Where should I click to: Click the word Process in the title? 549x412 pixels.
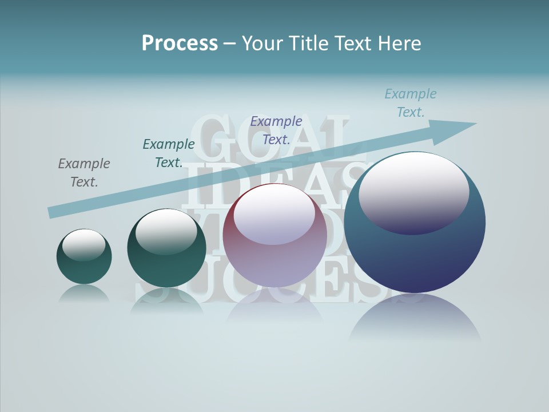[x=180, y=43]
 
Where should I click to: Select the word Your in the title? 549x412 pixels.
[x=262, y=43]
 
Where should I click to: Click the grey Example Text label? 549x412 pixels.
[x=84, y=173]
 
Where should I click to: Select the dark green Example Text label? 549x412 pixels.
[x=169, y=153]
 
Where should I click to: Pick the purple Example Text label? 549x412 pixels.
[x=276, y=130]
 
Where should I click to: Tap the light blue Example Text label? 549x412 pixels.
[x=411, y=103]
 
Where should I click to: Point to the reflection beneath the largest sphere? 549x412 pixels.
[x=415, y=318]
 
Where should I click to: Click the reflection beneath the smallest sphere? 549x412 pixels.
[x=84, y=293]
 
